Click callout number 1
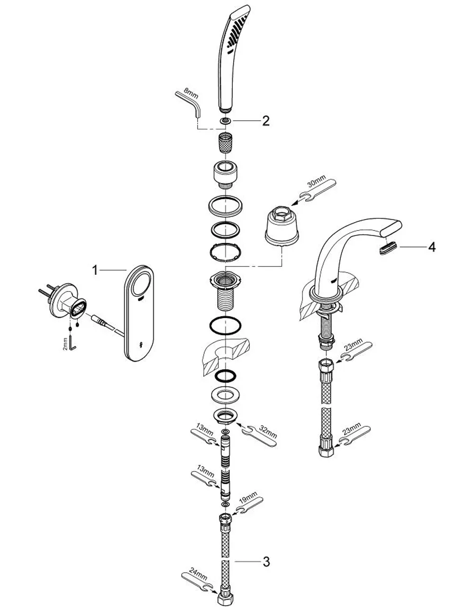click(x=95, y=270)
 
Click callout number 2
click(x=265, y=121)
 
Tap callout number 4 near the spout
click(x=432, y=247)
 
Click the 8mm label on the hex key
click(x=191, y=93)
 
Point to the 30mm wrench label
click(x=317, y=182)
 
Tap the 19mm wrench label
click(x=248, y=498)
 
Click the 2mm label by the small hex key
click(x=65, y=344)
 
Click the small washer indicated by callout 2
click(x=225, y=121)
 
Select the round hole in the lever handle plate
click(x=143, y=284)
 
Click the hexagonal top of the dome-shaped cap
click(x=282, y=214)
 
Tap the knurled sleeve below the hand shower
click(x=225, y=143)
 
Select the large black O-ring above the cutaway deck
click(x=225, y=325)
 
